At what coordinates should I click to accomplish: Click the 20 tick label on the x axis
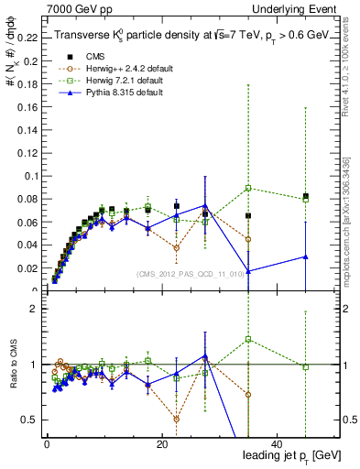pos(161,445)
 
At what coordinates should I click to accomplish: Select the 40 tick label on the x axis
pos(278,445)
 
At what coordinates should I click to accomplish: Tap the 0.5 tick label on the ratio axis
pos(27,420)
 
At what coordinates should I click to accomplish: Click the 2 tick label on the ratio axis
pos(32,309)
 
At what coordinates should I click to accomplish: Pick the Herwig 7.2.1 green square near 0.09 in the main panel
pos(248,188)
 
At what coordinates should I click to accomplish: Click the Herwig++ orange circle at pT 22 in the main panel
pos(176,248)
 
